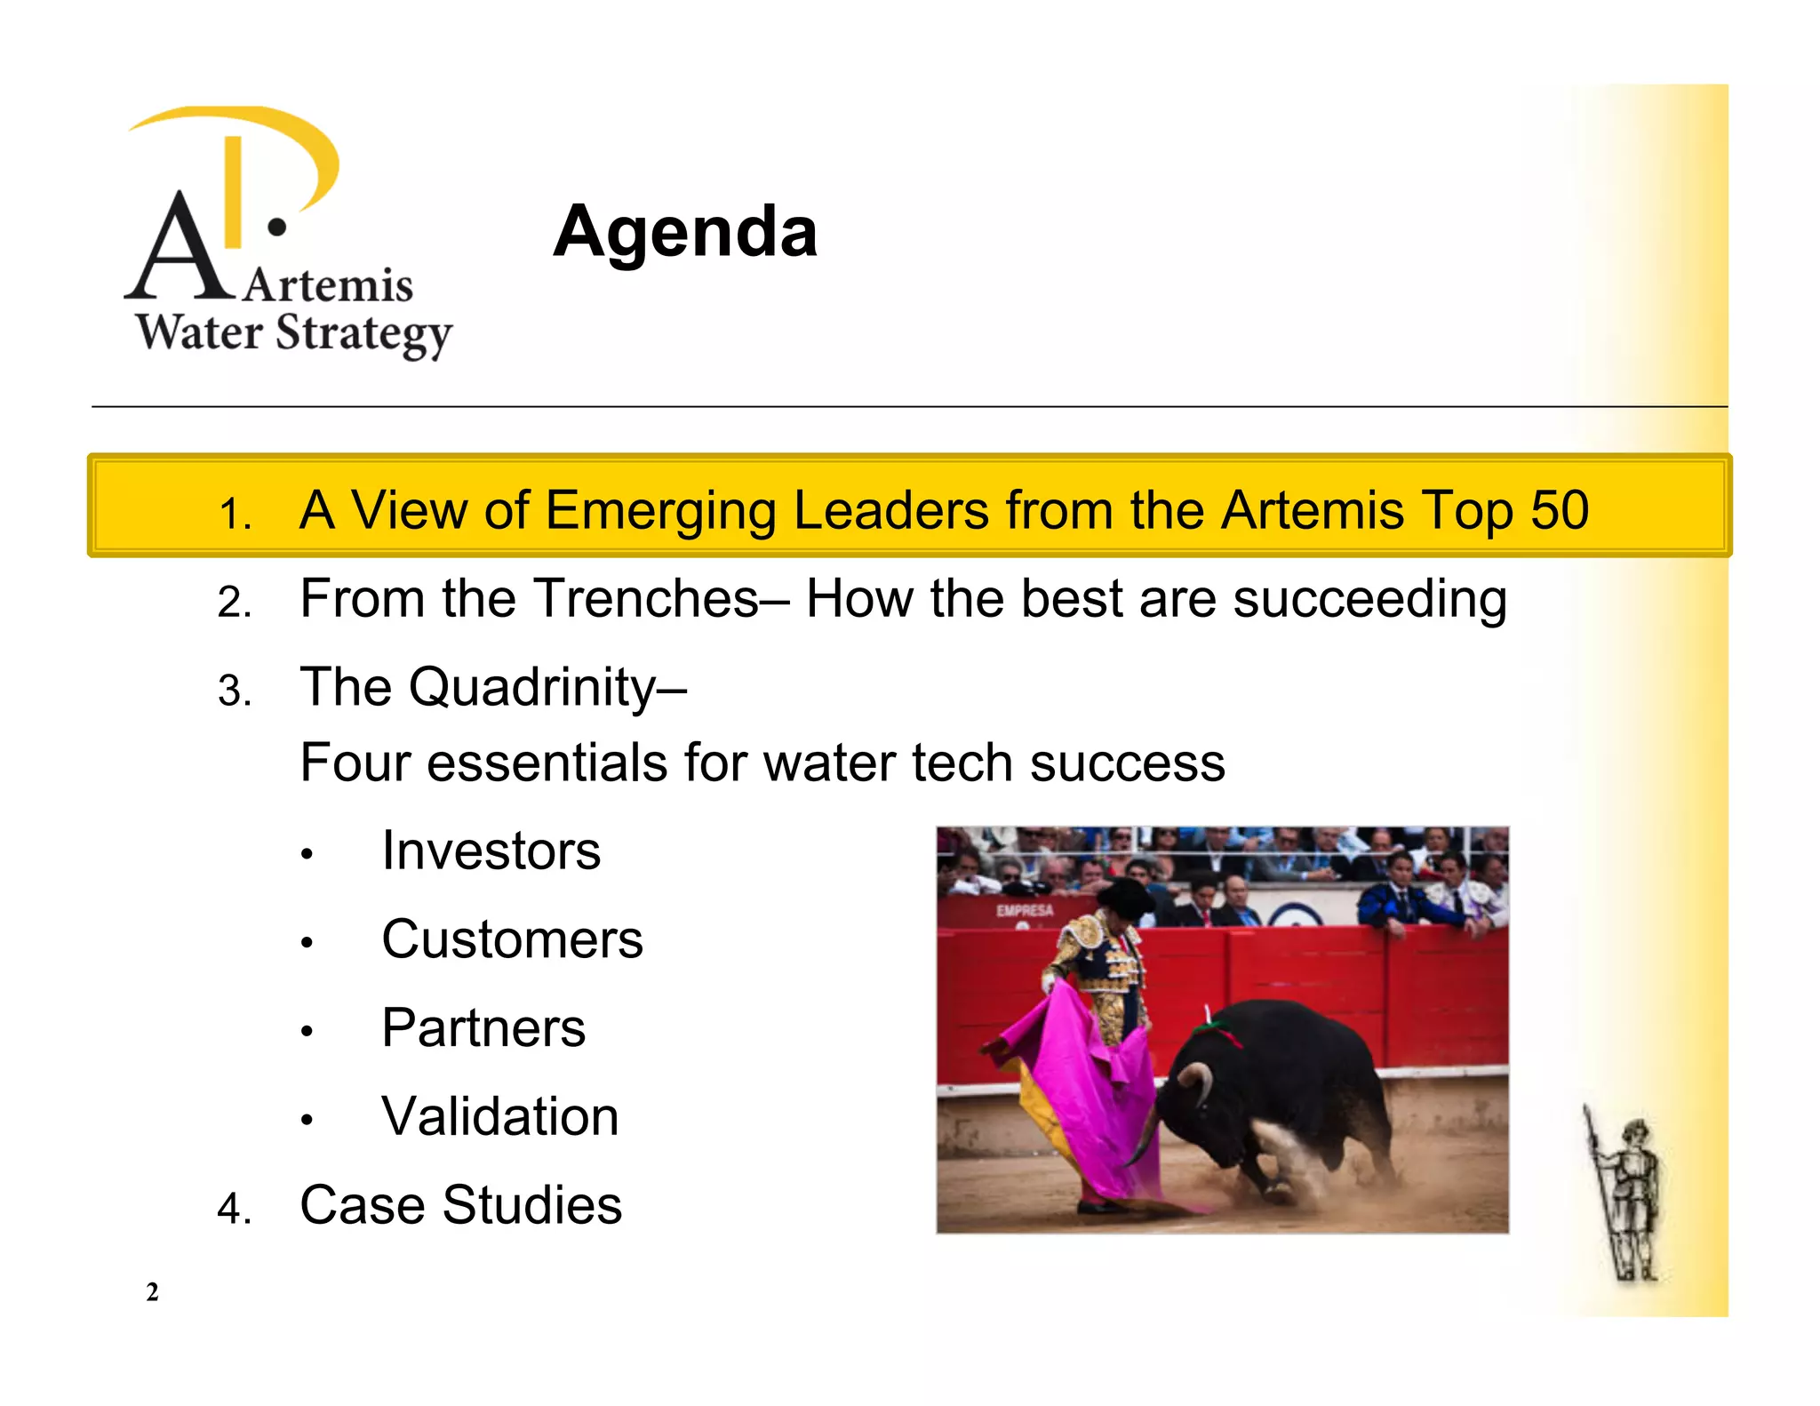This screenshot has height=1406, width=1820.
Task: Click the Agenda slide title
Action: tap(684, 232)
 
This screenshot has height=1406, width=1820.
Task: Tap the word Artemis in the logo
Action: tap(329, 286)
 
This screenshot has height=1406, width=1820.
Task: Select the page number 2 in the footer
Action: tap(152, 1291)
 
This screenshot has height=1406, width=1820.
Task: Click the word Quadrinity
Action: tap(531, 687)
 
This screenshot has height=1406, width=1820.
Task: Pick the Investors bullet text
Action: tap(491, 851)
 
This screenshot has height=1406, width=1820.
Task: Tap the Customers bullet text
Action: tap(512, 939)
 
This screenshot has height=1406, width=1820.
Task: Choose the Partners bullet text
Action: tap(483, 1028)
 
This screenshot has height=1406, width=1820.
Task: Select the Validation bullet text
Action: tap(499, 1116)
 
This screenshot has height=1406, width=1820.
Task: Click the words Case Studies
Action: tap(460, 1205)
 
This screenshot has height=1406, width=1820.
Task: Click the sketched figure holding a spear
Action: tap(1626, 1195)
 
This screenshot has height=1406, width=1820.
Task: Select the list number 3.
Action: tap(234, 691)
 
